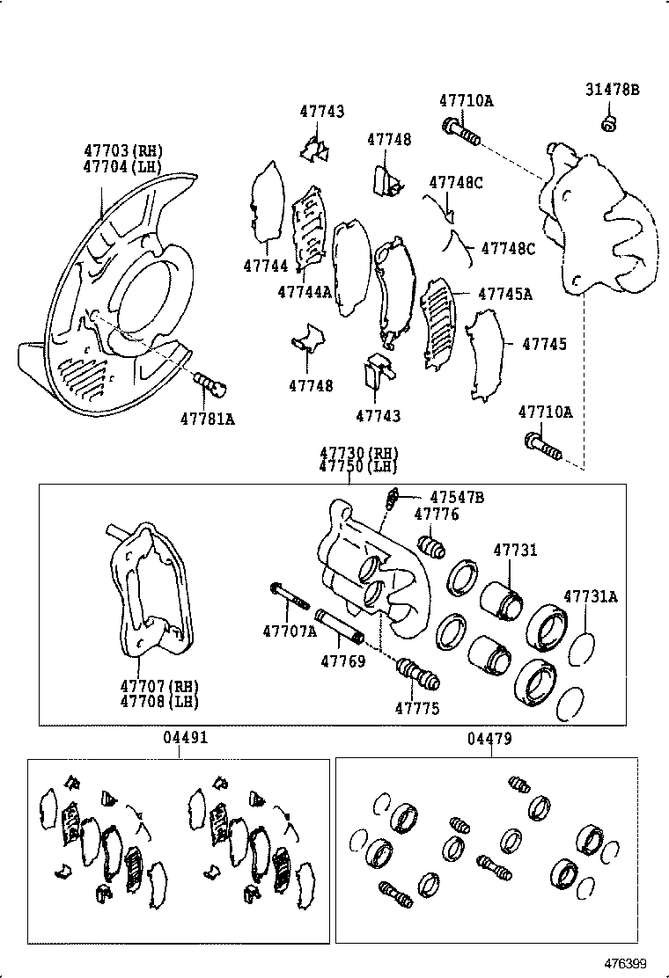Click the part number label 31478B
(x=613, y=90)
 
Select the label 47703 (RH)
(x=124, y=151)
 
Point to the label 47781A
(x=208, y=419)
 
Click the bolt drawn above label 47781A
(x=210, y=383)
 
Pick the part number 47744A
(x=304, y=291)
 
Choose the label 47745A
(x=504, y=294)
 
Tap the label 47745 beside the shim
(x=544, y=344)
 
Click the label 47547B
(x=456, y=498)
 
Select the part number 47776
(x=437, y=515)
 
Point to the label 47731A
(x=591, y=596)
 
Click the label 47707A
(x=289, y=631)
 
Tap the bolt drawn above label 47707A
(x=289, y=596)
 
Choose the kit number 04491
(x=186, y=740)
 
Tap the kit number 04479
(x=489, y=740)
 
